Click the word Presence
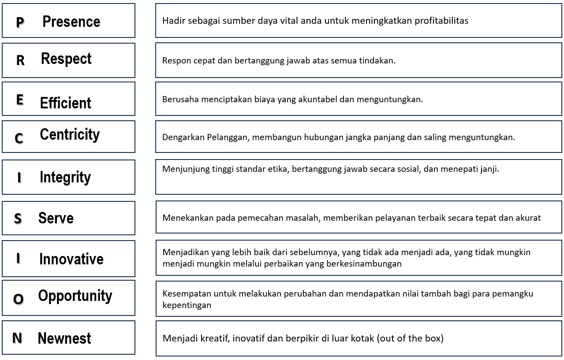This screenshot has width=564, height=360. click(x=71, y=22)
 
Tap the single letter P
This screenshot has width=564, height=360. click(x=20, y=22)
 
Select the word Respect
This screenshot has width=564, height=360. click(x=66, y=59)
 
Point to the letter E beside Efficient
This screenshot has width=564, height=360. click(x=20, y=100)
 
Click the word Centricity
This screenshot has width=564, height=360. click(x=70, y=134)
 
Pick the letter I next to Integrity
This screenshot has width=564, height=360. click(x=19, y=178)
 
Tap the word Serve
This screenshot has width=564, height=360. click(x=56, y=218)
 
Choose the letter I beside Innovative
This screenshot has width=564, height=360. click(x=18, y=258)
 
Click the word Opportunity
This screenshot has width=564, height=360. click(x=75, y=296)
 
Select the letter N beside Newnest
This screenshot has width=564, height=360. click(x=17, y=338)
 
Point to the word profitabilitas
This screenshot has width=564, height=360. click(x=441, y=21)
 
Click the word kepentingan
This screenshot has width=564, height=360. click(x=187, y=305)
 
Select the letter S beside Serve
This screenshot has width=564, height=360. click(x=18, y=219)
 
